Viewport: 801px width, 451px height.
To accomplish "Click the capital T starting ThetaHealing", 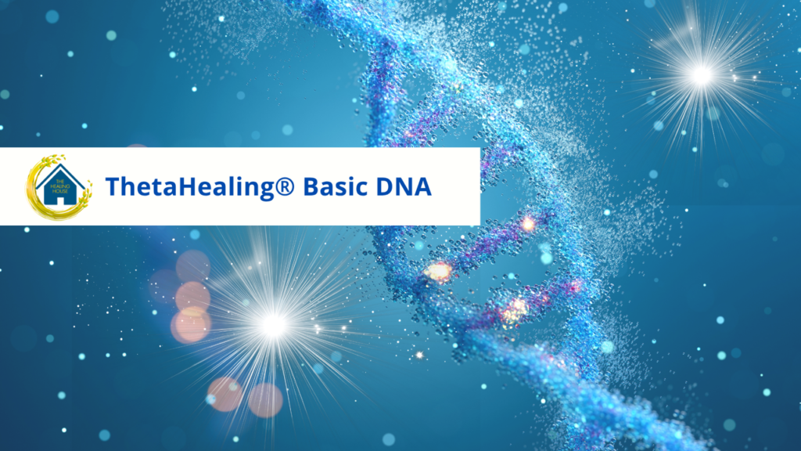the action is (x=113, y=186).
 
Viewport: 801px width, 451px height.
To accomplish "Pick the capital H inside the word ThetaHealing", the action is (x=186, y=186).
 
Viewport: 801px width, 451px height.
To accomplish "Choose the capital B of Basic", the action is (x=311, y=186).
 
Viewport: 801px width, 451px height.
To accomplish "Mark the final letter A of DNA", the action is (x=422, y=187).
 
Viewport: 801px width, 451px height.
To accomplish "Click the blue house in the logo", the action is (x=59, y=185).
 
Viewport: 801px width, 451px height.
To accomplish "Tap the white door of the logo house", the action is (x=60, y=201).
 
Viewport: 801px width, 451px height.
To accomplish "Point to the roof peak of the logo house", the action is (x=59, y=164).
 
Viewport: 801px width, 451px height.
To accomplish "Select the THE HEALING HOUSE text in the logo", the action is (x=59, y=186).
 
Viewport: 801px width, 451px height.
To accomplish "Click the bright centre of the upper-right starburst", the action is (x=702, y=75).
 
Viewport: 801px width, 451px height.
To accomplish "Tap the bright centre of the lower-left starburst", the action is (x=273, y=325).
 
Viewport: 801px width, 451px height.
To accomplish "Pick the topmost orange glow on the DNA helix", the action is (x=528, y=223).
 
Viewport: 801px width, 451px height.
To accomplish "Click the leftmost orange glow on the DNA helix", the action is (x=438, y=271).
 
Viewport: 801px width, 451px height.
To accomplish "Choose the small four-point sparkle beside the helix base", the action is (x=419, y=355).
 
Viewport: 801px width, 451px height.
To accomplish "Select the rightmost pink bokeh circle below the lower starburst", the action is (x=266, y=400).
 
